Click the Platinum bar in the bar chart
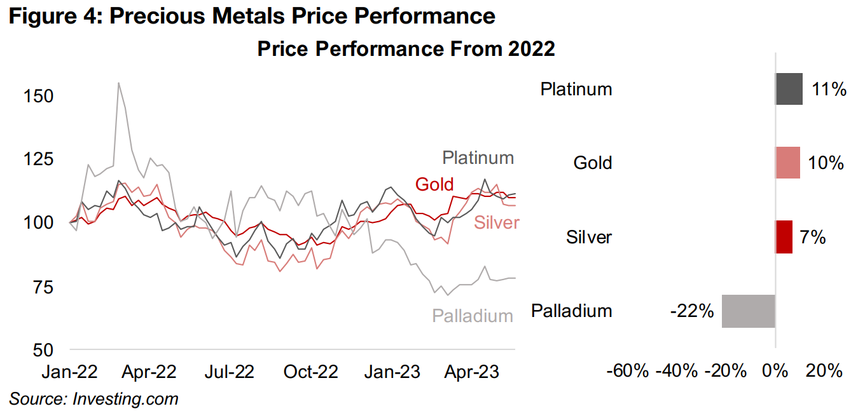[789, 89]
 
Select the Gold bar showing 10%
[787, 163]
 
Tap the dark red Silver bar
[784, 237]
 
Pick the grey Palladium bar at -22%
[749, 311]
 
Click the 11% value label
[829, 90]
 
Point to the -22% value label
[691, 312]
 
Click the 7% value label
[812, 238]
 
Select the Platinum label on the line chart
[478, 158]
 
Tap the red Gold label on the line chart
[434, 184]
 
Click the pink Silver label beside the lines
[496, 222]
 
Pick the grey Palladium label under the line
[473, 315]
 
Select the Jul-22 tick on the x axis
[230, 372]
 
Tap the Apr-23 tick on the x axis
[470, 372]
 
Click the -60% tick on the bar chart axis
[628, 371]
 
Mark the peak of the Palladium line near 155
[118, 83]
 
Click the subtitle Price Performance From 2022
[406, 49]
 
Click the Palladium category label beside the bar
[571, 311]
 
